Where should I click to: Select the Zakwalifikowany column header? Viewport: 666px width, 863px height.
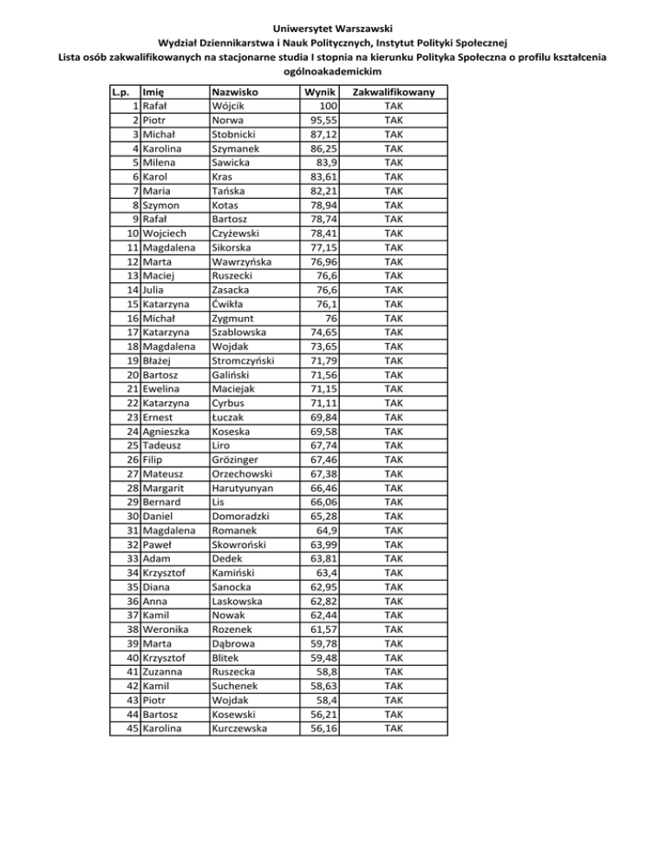click(x=394, y=91)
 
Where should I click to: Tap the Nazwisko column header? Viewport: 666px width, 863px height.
click(x=238, y=91)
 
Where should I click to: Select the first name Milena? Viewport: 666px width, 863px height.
click(x=161, y=161)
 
